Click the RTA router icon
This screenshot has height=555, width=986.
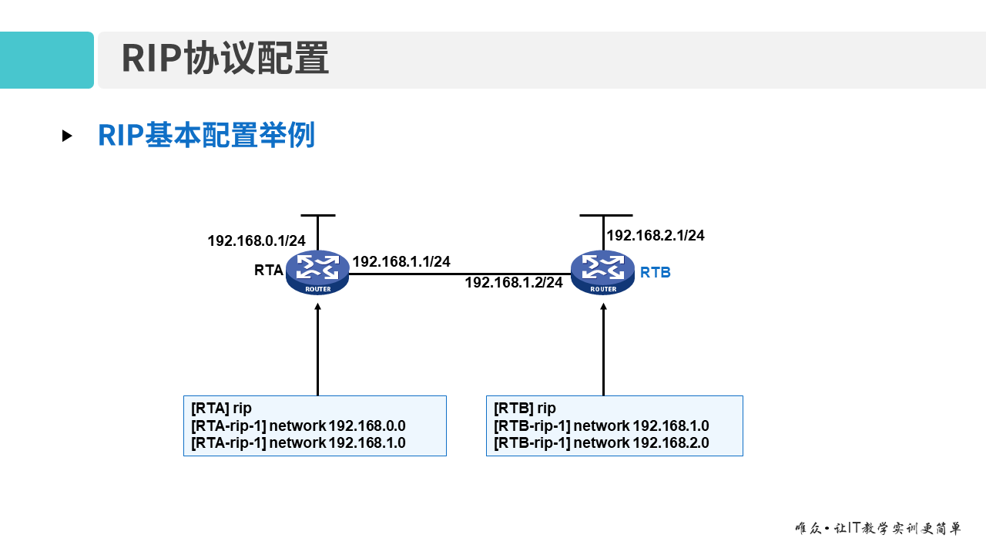point(317,271)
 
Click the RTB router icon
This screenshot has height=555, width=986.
point(602,271)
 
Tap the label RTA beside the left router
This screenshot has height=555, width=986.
point(269,271)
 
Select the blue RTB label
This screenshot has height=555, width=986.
point(655,272)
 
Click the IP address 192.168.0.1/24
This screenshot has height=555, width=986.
point(256,241)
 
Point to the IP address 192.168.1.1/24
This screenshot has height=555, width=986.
point(401,262)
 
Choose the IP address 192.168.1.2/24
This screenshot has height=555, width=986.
point(513,283)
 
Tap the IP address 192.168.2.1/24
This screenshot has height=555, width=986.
point(655,236)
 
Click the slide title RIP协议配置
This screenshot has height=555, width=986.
point(225,59)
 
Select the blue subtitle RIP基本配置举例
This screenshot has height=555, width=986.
point(206,136)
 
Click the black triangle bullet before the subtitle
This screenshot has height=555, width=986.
point(67,136)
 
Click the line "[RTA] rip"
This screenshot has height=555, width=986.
point(221,408)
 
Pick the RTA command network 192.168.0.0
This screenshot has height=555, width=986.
point(298,425)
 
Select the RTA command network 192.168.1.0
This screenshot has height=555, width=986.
point(298,442)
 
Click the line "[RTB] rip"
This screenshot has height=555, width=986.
point(525,408)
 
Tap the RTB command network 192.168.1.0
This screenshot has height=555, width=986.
point(601,425)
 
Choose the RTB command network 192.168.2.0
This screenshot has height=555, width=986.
point(601,442)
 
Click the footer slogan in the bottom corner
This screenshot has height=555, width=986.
point(877,529)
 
